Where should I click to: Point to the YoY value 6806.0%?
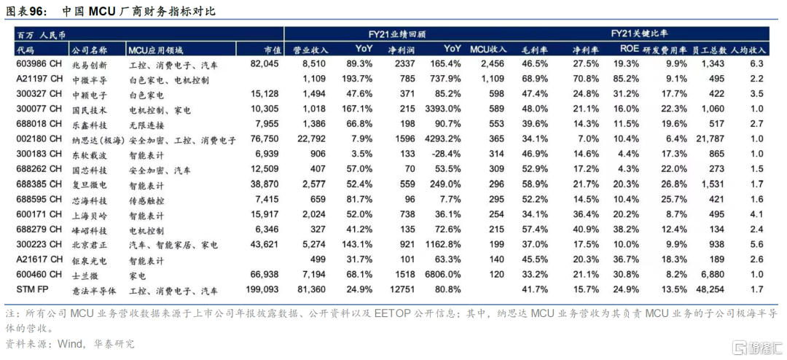442,275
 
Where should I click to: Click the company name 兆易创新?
90,64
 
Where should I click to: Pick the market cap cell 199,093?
263,290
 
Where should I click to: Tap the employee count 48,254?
709,290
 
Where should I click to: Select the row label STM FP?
32,290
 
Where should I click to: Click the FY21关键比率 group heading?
633,34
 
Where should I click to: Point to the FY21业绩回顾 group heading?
391,34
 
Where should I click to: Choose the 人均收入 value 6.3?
756,64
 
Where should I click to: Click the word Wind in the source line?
69,345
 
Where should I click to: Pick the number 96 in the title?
36,10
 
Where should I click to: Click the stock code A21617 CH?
39,259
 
